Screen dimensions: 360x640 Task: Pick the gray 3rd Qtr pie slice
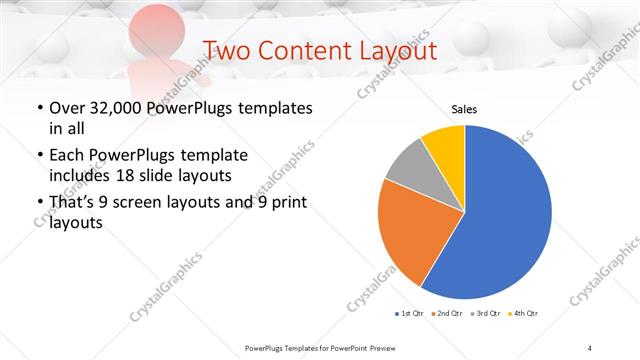409,164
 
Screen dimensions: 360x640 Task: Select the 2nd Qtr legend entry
447,314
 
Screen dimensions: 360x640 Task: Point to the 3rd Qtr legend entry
487,314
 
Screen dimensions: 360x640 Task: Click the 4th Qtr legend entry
525,314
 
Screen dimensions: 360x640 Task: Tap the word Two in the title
225,51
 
